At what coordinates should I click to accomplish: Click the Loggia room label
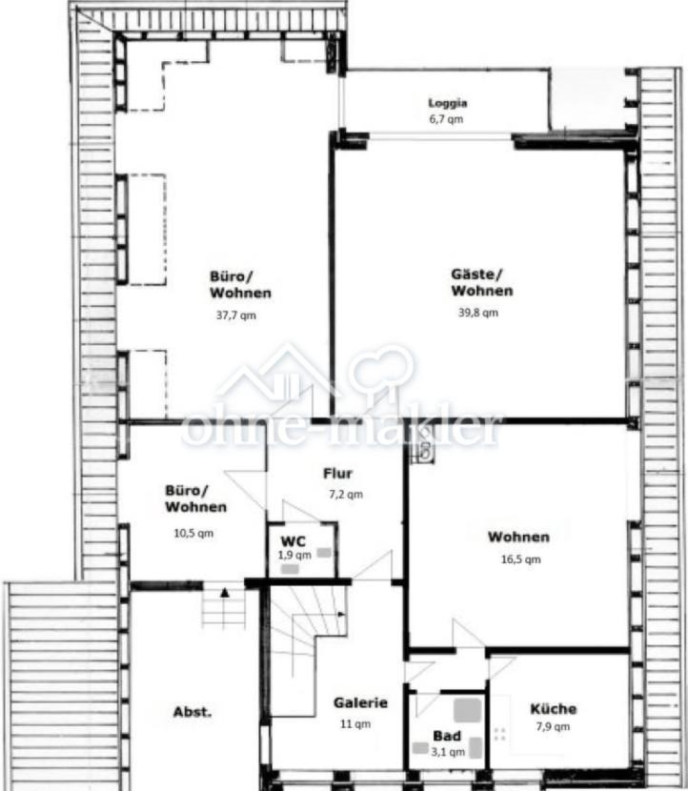coord(448,104)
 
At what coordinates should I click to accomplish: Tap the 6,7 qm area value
coord(446,119)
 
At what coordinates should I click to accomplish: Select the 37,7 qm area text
coord(236,315)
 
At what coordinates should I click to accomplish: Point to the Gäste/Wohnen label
coord(482,282)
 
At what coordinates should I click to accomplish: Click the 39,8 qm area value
coord(478,313)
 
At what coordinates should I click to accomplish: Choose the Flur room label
coord(337,474)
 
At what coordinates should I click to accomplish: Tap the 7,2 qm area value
coord(346,495)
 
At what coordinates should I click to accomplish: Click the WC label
coord(293,542)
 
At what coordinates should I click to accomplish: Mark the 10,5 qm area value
coord(193,534)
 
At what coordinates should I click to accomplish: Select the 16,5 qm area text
coord(520,559)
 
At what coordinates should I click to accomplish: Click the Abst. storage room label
coord(192,712)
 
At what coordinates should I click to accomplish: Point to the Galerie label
coord(360,702)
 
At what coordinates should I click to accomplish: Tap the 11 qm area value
coord(355,724)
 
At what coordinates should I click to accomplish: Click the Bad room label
coord(447,736)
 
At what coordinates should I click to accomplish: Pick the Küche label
coord(554,709)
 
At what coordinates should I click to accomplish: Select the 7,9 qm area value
coord(553,727)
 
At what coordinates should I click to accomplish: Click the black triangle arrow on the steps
coord(225,593)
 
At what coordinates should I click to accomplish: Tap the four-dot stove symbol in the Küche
coord(500,734)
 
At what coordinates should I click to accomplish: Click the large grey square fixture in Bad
coord(467,710)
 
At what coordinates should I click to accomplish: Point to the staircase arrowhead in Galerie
coord(341,615)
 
